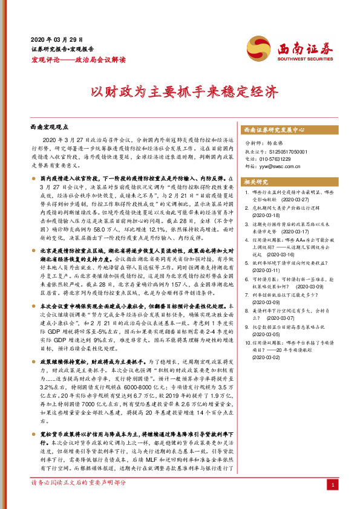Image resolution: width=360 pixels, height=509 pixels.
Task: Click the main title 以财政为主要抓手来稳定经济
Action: tap(180, 92)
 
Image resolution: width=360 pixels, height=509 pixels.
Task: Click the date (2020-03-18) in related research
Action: tap(263, 215)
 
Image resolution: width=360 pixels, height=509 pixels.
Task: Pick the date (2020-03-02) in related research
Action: tap(263, 357)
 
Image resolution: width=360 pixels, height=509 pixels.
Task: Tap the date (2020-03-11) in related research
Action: tap(263, 271)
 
